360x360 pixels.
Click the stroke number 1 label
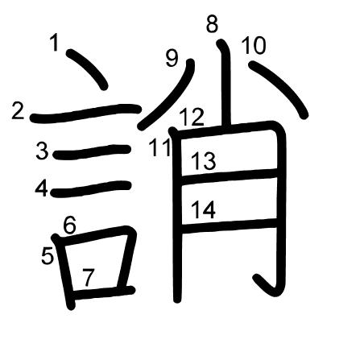coord(55,43)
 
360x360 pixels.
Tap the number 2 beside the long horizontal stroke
coord(18,111)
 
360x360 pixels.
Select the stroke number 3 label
coord(43,151)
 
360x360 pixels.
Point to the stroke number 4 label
coord(42,188)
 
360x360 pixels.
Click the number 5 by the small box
coord(48,256)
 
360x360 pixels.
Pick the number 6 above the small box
coord(70,225)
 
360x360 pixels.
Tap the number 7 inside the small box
coord(89,277)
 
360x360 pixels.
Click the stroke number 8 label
coord(212,24)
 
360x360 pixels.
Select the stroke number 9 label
coord(172,59)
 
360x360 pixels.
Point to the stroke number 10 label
coord(254,46)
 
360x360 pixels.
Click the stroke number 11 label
coord(160,147)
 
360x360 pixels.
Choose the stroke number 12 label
coord(192,118)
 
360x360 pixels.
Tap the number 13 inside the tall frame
coord(203,161)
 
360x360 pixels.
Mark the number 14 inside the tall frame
coord(203,209)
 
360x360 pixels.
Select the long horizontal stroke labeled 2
coord(85,113)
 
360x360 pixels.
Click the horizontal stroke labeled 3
coord(92,151)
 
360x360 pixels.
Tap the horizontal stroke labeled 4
coord(91,188)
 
